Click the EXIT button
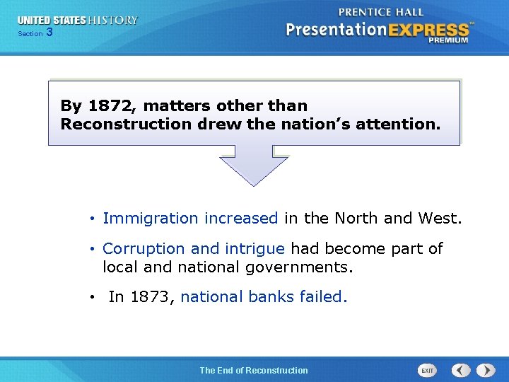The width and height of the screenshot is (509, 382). pyautogui.click(x=428, y=371)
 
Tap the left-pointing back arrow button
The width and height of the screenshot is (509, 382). pyautogui.click(x=461, y=371)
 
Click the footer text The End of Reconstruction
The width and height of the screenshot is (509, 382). pyautogui.click(x=254, y=370)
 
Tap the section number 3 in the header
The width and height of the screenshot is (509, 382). pyautogui.click(x=49, y=33)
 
